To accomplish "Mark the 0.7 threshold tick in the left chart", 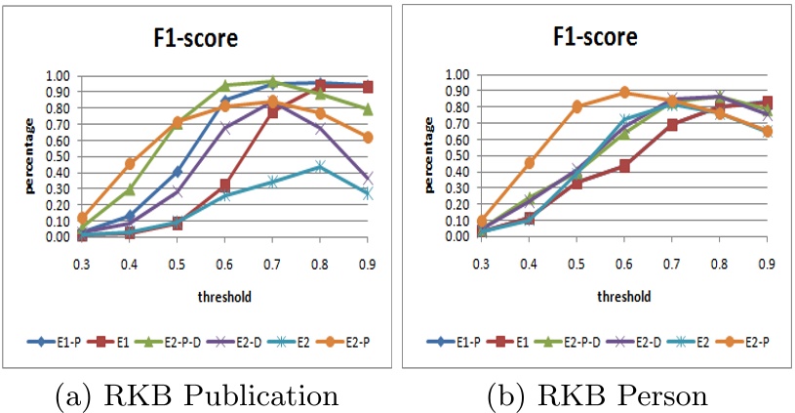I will [273, 262].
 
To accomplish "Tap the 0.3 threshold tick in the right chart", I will [481, 263].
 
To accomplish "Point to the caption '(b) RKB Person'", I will [599, 394].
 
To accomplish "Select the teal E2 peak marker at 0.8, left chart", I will [320, 167].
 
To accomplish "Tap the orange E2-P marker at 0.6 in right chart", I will [624, 93].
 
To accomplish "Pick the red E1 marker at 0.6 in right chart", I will [624, 166].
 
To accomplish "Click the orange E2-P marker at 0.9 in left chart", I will [368, 138].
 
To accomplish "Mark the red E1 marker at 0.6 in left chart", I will [225, 185].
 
